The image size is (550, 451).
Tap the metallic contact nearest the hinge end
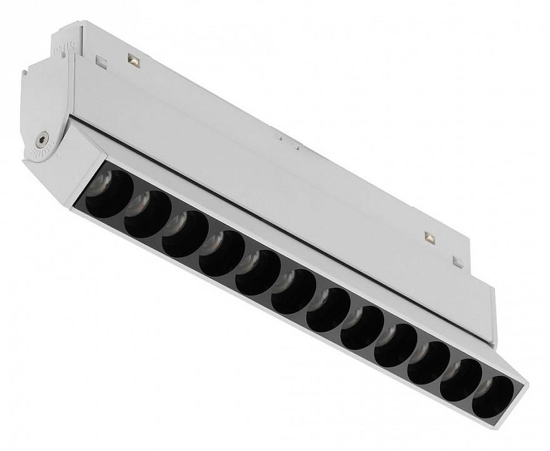[x=133, y=61]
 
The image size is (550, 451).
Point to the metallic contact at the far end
[x=430, y=238]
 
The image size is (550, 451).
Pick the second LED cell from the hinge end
[x=148, y=206]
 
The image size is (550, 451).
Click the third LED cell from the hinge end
[x=185, y=225]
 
